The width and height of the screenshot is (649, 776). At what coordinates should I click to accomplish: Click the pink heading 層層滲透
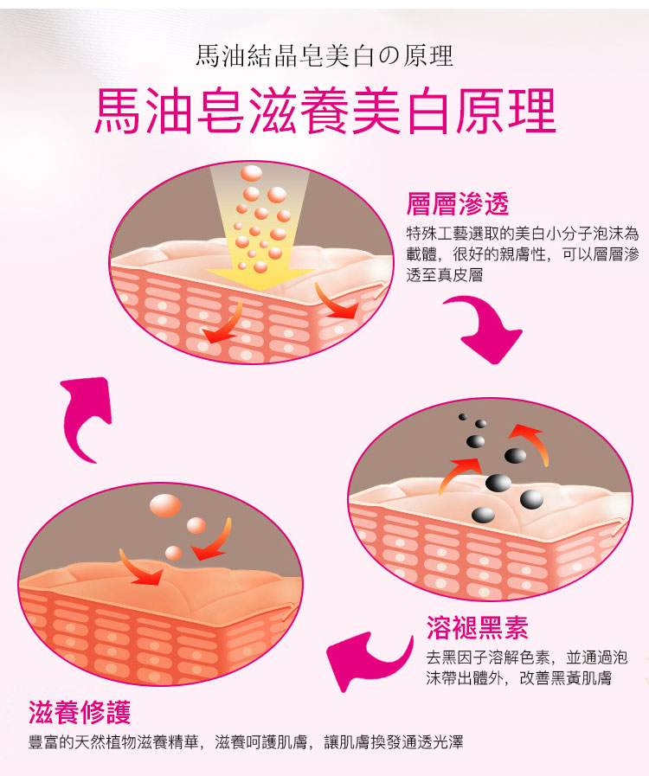458,204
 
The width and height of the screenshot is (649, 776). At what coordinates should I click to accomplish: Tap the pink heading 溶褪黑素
478,627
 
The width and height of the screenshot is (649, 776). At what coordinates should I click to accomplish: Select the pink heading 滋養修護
80,712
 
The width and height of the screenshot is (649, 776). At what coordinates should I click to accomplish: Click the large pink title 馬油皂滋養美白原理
325,111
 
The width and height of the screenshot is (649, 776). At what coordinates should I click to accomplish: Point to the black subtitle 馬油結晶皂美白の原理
324,55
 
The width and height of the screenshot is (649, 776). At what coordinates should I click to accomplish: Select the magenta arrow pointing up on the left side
85,414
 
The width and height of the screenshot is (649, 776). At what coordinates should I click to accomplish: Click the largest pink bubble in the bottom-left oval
165,505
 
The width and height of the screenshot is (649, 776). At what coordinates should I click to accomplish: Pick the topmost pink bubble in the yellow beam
252,173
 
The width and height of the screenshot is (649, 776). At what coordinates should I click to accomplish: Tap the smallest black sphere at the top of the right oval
462,417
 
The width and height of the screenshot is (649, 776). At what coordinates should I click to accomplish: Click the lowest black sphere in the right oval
483,516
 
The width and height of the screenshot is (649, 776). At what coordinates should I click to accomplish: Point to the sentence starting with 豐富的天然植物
246,742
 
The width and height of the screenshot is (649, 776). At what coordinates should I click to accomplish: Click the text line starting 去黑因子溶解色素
527,657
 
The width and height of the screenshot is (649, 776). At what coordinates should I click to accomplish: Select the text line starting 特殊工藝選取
523,233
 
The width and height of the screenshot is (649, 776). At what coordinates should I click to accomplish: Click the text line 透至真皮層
445,274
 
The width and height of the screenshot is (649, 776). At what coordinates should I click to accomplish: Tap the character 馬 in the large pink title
118,111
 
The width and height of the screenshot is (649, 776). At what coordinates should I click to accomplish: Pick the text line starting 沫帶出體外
519,678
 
